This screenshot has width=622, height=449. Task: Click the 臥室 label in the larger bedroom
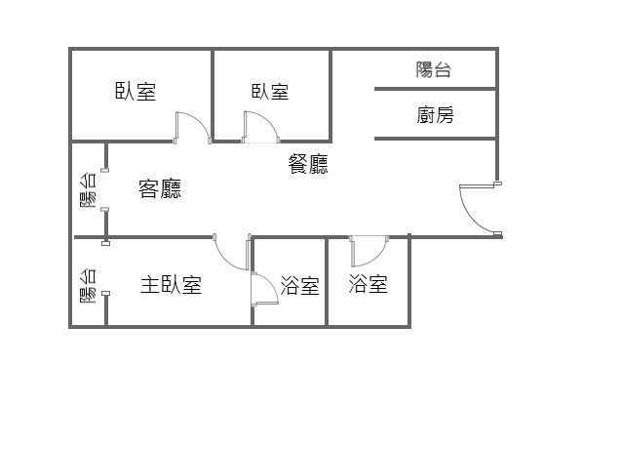coord(136,92)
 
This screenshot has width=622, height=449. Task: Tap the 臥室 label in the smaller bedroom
coord(270,92)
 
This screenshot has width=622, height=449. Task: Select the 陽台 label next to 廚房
coord(434,69)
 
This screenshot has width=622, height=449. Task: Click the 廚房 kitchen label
coord(435,115)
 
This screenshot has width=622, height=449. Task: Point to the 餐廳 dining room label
coord(308,164)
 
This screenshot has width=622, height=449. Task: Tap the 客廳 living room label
coord(160,188)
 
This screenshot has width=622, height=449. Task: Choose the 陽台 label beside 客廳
coord(88,190)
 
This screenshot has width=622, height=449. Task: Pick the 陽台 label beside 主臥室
coord(88,286)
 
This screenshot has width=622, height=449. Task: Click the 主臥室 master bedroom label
coord(171,285)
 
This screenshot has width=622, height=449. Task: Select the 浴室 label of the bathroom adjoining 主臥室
coord(300,285)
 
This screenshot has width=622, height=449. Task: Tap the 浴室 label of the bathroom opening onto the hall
coord(369,284)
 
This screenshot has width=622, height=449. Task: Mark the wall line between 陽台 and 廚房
coord(435,89)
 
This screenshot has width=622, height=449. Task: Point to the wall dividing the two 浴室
coord(327,282)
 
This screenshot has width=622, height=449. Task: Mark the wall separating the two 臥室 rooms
coord(213,96)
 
